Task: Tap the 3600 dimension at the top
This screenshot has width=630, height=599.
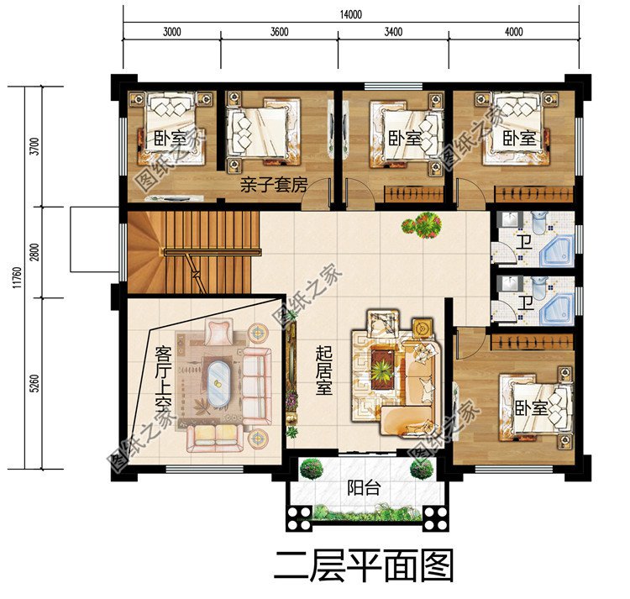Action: [279, 33]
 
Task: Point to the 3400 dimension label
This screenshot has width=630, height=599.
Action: [392, 33]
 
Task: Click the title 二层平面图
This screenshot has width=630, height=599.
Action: [363, 565]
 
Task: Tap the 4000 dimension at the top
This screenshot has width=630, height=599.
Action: [514, 33]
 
